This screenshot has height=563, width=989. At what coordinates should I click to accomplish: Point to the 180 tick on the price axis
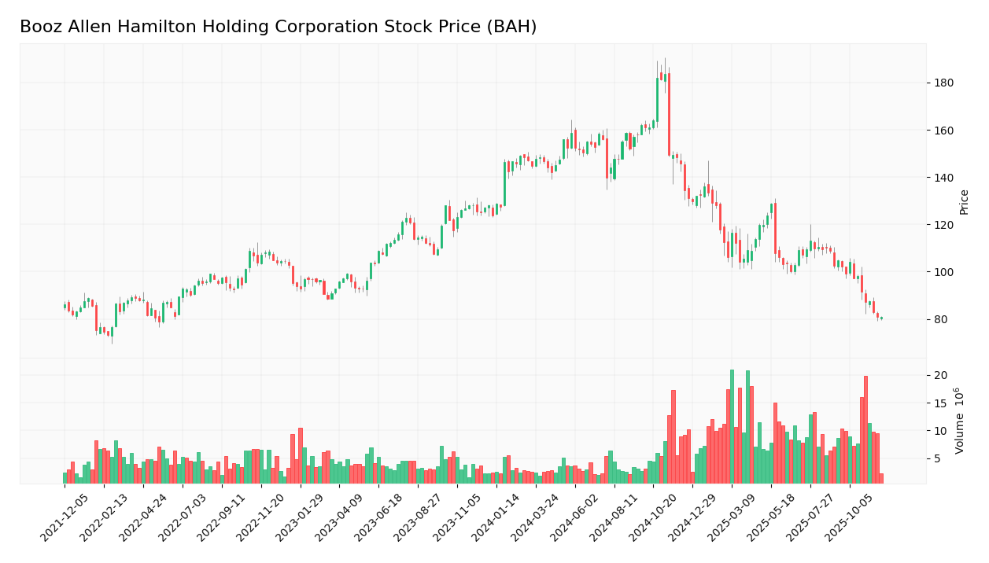click(x=943, y=83)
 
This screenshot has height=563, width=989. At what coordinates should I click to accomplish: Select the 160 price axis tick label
click(x=943, y=131)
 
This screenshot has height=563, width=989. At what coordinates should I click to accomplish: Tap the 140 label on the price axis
click(x=943, y=178)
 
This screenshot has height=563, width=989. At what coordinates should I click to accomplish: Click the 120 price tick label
click(x=943, y=225)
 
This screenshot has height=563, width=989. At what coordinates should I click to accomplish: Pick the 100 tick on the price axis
click(x=943, y=272)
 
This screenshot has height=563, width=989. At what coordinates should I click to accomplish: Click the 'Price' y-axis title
click(x=965, y=202)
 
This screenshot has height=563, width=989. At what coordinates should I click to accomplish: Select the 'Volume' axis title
click(x=960, y=430)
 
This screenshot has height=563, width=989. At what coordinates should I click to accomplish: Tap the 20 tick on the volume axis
click(x=940, y=375)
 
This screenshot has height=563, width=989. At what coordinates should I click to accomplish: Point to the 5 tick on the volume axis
click(x=937, y=458)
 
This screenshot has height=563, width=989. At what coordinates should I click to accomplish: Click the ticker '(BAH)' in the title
click(x=511, y=28)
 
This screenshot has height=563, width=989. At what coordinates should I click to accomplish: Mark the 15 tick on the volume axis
click(x=940, y=403)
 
